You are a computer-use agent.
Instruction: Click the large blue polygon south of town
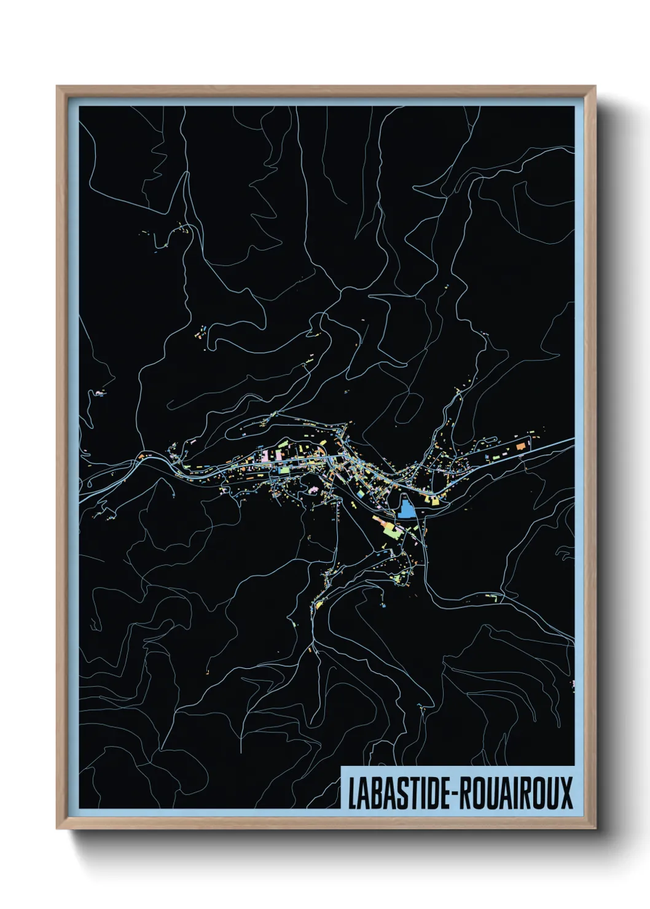pos(405,509)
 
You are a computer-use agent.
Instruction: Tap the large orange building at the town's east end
pos(521,447)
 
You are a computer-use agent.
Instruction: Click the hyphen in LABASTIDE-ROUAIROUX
pos(453,794)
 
